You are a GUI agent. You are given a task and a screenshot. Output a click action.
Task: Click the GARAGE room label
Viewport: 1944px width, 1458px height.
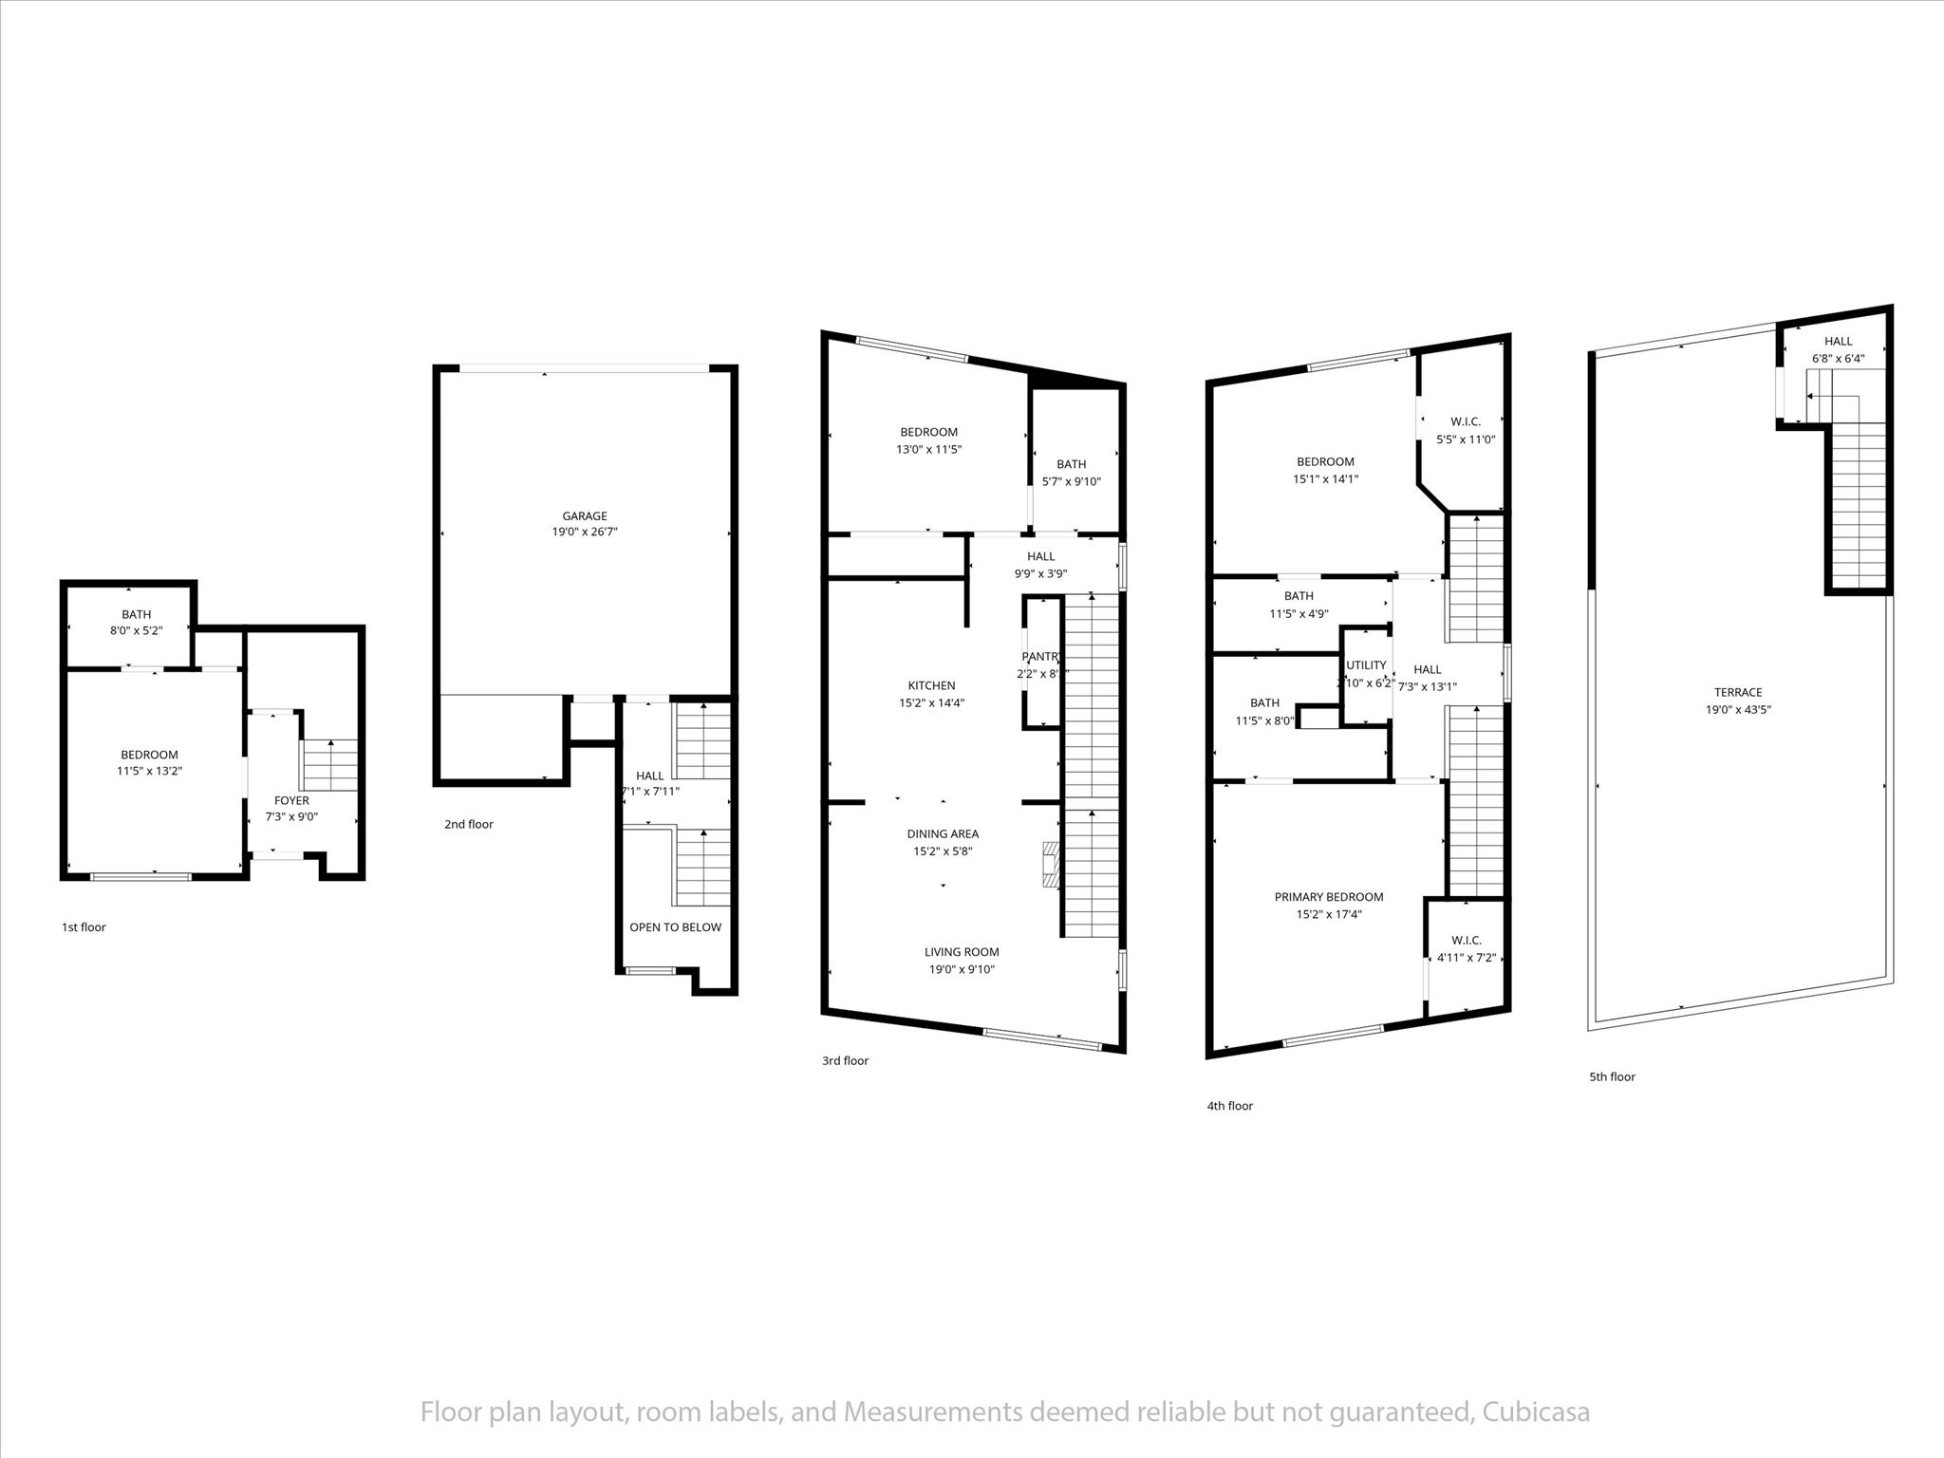tap(584, 516)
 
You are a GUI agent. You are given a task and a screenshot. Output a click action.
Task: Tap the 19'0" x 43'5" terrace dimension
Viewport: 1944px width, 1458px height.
tap(1738, 709)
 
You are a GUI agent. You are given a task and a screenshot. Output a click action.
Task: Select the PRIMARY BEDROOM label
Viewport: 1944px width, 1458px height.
tap(1328, 897)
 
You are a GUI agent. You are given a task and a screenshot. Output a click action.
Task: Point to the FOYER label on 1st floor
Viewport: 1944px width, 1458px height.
tap(291, 800)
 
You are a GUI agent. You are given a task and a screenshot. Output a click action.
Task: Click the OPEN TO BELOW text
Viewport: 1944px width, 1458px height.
tap(675, 927)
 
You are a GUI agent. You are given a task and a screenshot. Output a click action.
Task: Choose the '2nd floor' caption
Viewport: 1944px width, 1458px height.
tap(469, 824)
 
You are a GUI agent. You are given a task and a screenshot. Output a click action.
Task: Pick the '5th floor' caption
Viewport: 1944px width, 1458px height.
tap(1612, 1076)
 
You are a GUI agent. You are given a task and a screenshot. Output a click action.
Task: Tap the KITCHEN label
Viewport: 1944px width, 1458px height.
tap(931, 685)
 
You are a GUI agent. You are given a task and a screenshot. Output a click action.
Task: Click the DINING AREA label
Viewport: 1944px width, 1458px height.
tap(942, 834)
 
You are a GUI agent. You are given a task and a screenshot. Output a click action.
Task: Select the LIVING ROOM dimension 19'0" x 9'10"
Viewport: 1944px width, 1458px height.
tap(962, 969)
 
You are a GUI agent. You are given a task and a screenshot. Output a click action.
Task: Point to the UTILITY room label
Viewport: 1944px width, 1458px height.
tap(1366, 664)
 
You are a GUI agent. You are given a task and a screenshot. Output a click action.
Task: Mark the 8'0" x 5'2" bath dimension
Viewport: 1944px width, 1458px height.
tap(136, 631)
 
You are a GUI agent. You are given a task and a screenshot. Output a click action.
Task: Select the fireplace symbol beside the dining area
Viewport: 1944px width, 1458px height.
tap(1050, 863)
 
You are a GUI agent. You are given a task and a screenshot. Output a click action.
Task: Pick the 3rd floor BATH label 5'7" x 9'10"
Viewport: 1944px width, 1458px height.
tap(1071, 464)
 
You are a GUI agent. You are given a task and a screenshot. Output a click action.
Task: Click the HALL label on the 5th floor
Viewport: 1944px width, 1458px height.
tap(1838, 342)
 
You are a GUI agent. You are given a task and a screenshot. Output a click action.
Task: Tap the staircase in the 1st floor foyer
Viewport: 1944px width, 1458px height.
tap(329, 765)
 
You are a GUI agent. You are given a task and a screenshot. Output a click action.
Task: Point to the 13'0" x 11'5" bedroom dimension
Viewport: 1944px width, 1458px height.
tap(928, 449)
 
